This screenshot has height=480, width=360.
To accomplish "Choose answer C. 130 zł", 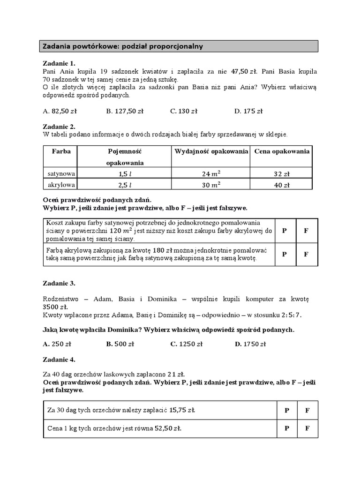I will (x=184, y=112).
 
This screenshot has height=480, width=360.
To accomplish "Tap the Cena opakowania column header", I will (x=282, y=152).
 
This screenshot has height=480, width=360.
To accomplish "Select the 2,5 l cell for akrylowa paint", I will (x=124, y=185).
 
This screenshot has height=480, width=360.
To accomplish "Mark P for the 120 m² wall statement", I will (x=285, y=231).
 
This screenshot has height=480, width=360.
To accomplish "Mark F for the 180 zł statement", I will (x=306, y=254).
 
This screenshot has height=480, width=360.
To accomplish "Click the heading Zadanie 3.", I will (x=59, y=284).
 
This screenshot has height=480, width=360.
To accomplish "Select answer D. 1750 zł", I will (x=250, y=344).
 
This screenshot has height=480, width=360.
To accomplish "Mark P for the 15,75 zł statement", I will (x=286, y=410).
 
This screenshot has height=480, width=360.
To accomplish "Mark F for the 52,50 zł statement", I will (x=308, y=428).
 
